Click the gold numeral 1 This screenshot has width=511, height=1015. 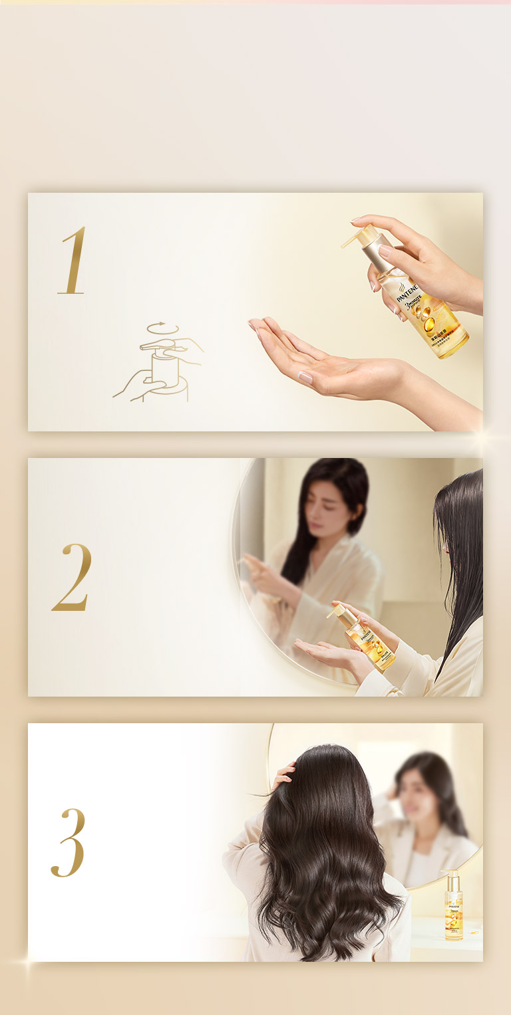coord(73,261)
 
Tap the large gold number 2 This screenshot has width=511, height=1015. coord(72,577)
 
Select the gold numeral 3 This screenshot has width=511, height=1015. coord(69,842)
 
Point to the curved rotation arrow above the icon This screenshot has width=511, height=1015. coord(158,328)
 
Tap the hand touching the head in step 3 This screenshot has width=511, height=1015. coord(283,775)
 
